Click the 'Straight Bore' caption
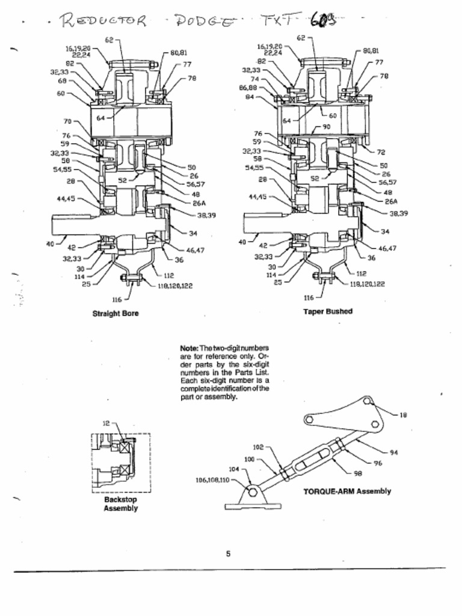click(115, 313)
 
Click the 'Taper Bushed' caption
click(328, 312)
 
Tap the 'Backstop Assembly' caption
click(120, 504)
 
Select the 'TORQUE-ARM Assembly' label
click(346, 491)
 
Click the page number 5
click(228, 554)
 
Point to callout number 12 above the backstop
click(105, 423)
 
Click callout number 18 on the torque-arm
click(403, 414)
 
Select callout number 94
click(394, 452)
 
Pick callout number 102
click(258, 448)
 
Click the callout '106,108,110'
click(212, 480)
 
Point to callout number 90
click(327, 127)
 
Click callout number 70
click(67, 121)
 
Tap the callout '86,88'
click(248, 87)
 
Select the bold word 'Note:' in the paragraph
click(189, 348)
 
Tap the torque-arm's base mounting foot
click(253, 499)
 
